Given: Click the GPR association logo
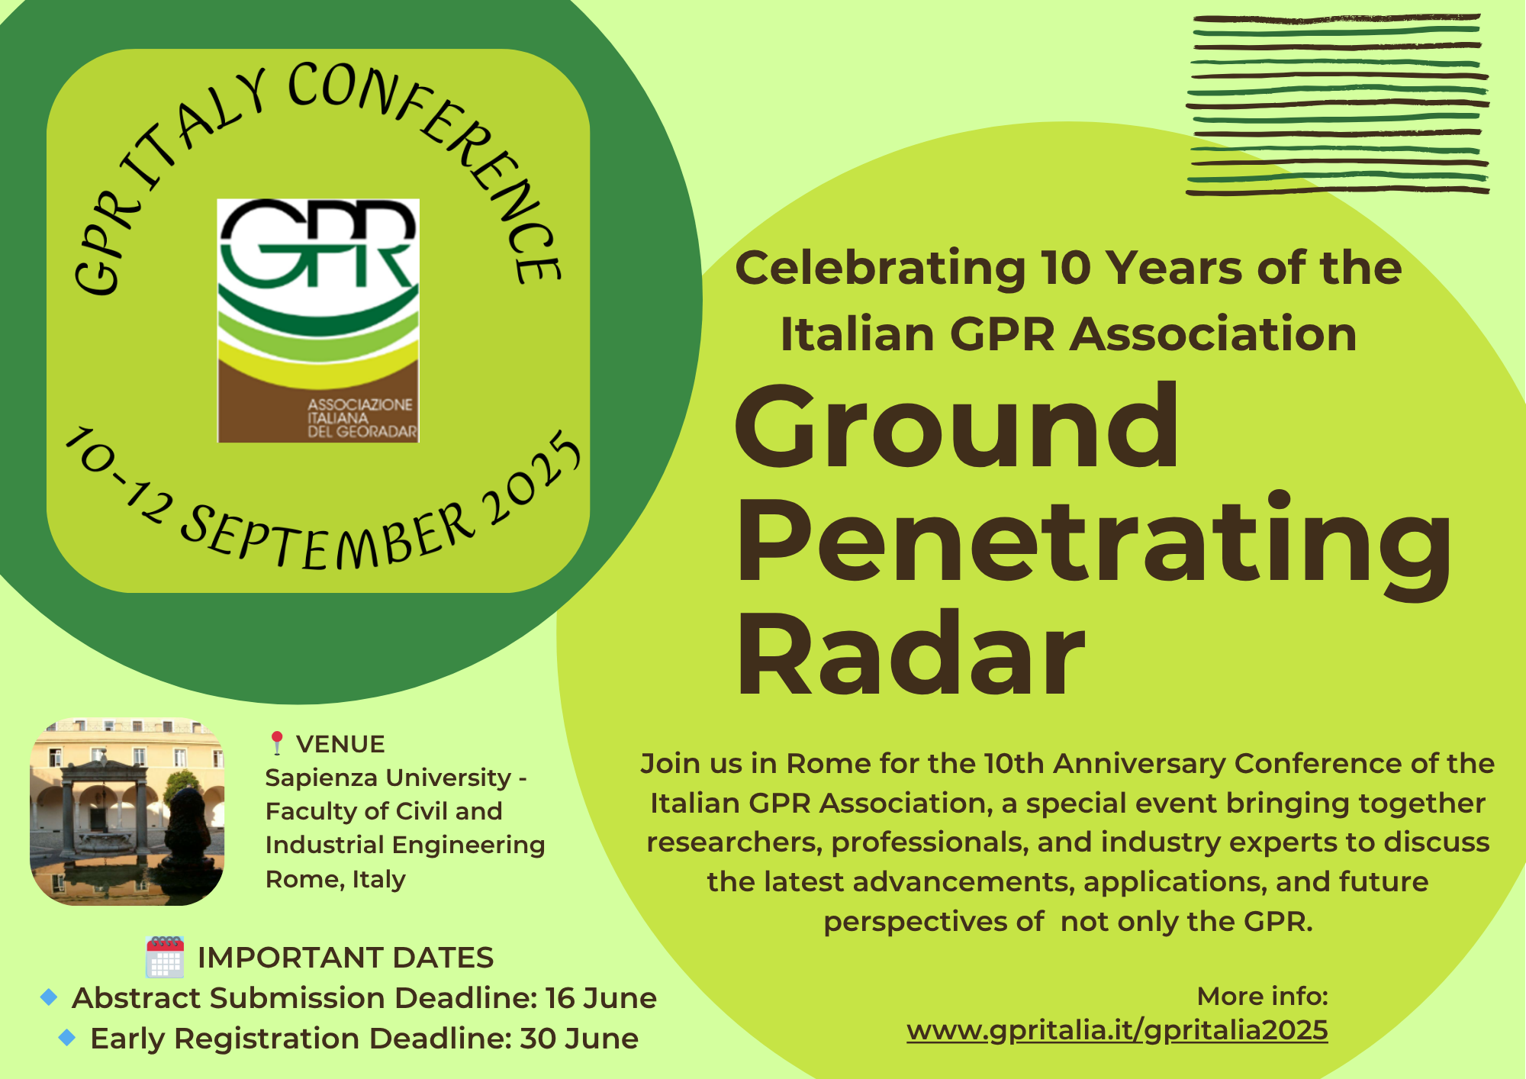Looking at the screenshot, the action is [318, 320].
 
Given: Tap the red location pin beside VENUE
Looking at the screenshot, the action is [277, 743].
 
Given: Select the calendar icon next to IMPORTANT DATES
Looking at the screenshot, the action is [165, 957].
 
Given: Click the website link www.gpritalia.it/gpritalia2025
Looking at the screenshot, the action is [1117, 1030].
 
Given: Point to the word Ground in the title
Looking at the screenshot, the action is [957, 427].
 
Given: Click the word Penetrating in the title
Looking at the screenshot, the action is [1093, 542].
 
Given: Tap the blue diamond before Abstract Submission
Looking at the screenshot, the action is [49, 997].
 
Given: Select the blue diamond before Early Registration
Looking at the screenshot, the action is [67, 1037].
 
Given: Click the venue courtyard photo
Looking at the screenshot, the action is [127, 811].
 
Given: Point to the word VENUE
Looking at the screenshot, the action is [340, 744].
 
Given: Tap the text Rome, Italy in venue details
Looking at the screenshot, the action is [336, 879].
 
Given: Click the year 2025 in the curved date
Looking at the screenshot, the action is [531, 479].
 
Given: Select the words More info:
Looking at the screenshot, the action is [1263, 996].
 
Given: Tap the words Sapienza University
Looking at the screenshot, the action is [388, 778].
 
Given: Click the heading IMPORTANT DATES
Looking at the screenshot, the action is [346, 958].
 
